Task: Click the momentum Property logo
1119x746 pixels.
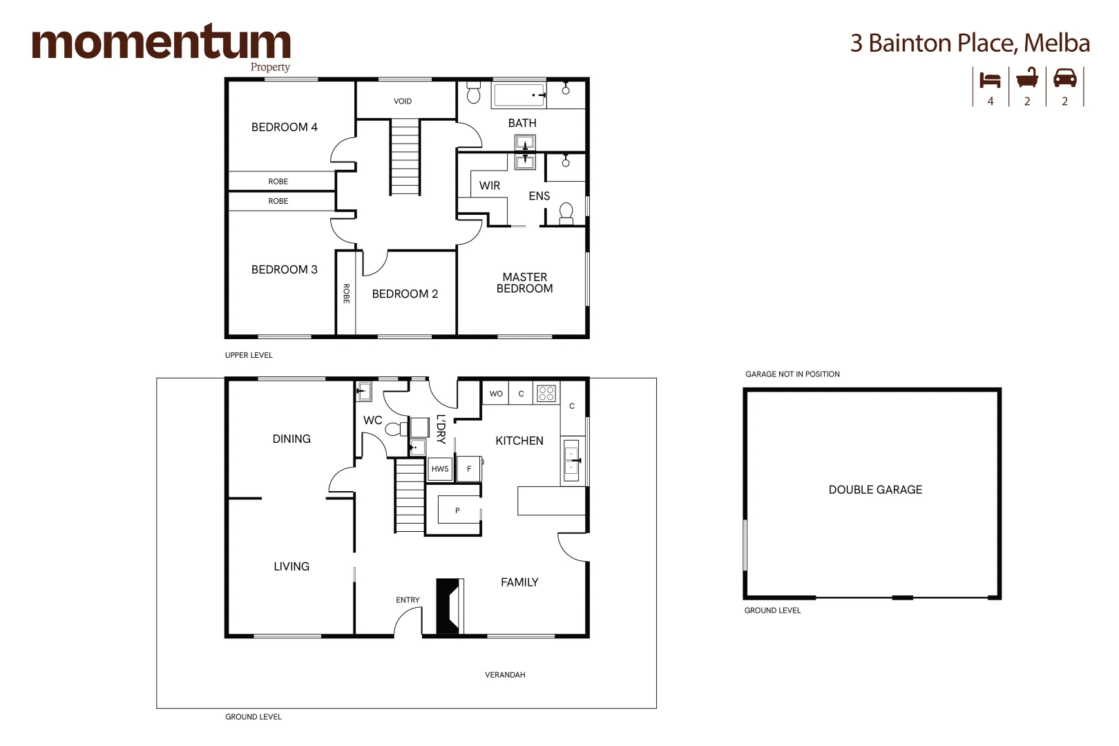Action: coord(161,46)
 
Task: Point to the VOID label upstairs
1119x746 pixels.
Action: coord(403,102)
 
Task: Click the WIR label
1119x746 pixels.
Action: coord(489,186)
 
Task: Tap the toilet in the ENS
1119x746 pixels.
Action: coord(566,213)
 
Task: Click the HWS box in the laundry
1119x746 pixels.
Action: coord(440,469)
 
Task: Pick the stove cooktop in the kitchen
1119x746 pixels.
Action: coord(546,393)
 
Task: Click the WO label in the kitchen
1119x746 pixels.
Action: coord(496,394)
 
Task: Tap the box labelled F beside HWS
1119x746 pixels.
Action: coord(469,469)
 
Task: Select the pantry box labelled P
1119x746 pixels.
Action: coord(457,510)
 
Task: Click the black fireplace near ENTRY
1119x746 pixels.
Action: coord(448,606)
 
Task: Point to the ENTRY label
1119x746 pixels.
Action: coord(408,600)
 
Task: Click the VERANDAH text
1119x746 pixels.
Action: coord(505,675)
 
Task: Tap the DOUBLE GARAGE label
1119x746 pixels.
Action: coord(875,490)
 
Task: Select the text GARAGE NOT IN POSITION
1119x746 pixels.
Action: coord(792,374)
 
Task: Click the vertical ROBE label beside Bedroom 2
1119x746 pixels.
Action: coord(346,294)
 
